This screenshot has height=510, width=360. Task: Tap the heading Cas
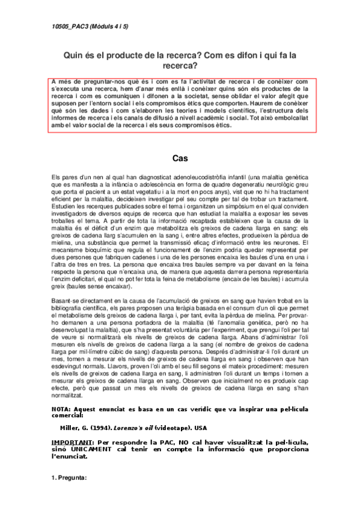(x=180, y=159)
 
